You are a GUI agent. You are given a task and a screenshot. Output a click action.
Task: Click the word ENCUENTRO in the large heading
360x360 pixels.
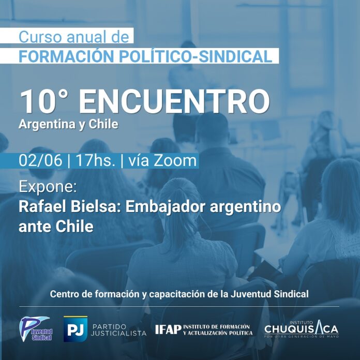[174, 102]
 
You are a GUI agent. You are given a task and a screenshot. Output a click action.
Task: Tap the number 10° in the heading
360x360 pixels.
[44, 101]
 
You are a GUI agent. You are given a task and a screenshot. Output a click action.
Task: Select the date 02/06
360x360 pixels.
[40, 160]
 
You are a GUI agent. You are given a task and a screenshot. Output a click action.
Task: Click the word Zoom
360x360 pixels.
[175, 160]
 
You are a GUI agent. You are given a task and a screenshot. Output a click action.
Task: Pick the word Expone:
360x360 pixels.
[48, 187]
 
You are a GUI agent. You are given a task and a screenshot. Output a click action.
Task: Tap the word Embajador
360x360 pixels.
[166, 207]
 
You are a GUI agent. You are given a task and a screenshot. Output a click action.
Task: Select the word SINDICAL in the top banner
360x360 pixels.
[235, 56]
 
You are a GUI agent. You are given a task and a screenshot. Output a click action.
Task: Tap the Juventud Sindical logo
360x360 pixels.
[36, 329]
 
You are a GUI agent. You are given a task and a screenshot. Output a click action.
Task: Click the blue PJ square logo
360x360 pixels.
[76, 329]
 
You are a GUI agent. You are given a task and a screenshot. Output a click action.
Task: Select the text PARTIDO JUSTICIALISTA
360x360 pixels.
[118, 330]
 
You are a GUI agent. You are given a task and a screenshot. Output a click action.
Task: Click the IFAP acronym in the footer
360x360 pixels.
[168, 329]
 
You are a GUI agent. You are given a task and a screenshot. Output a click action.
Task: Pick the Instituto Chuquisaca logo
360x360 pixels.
[302, 329]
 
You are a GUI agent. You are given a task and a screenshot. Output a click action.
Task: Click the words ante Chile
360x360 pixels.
[56, 227]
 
